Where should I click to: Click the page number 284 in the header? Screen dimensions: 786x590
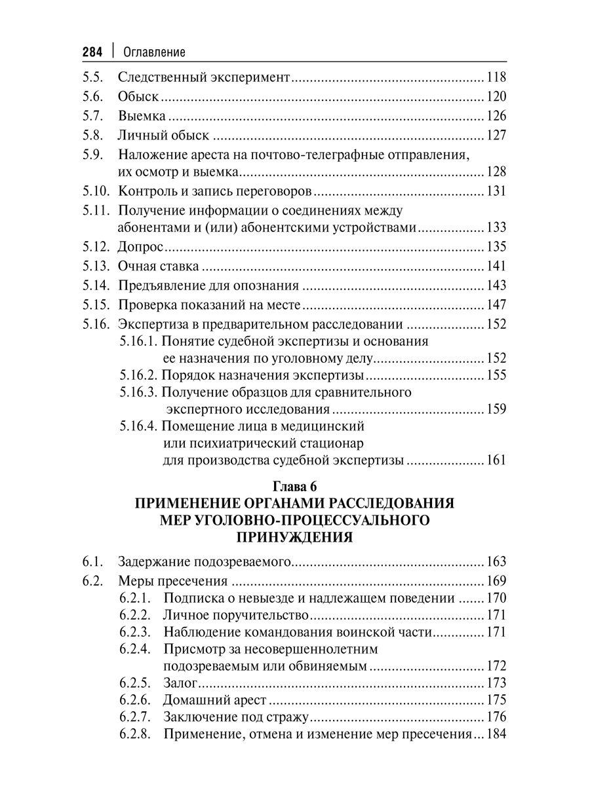click(x=92, y=51)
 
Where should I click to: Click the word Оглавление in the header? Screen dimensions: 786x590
click(x=154, y=52)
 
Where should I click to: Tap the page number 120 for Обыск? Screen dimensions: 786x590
click(x=496, y=97)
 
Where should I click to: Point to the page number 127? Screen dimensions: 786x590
click(x=496, y=136)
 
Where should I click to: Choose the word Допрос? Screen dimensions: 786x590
click(x=140, y=248)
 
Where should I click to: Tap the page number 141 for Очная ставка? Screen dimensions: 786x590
click(x=496, y=267)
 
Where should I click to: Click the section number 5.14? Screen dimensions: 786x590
click(x=96, y=286)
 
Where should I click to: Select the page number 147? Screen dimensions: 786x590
click(x=496, y=305)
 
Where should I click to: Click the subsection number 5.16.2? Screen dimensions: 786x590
click(x=138, y=376)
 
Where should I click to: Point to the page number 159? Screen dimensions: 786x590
click(x=496, y=410)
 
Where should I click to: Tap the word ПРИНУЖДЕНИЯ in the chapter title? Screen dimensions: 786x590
click(x=294, y=538)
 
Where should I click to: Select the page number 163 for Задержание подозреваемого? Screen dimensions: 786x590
click(x=496, y=561)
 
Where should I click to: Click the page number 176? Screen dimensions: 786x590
click(x=496, y=717)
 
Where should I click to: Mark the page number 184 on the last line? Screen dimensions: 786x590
click(x=496, y=734)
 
